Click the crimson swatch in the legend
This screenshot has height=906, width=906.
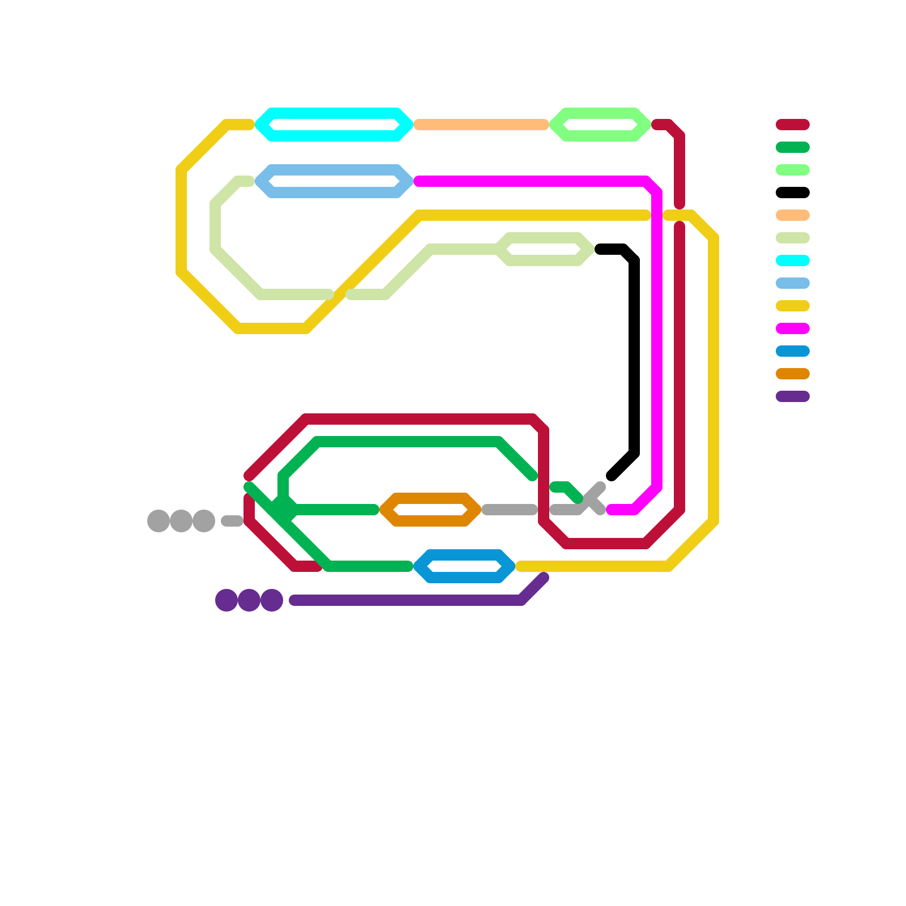pyautogui.click(x=792, y=125)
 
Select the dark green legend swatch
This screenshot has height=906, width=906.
pyautogui.click(x=792, y=147)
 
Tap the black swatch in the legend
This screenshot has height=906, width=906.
pyautogui.click(x=792, y=193)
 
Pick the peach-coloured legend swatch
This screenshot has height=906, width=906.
pyautogui.click(x=792, y=215)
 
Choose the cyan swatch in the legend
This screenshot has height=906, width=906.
pyautogui.click(x=792, y=260)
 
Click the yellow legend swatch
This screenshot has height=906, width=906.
pyautogui.click(x=792, y=306)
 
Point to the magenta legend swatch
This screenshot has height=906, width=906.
pyautogui.click(x=792, y=328)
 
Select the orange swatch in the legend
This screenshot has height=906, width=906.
pyautogui.click(x=792, y=374)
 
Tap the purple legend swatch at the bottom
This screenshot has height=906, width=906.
pyautogui.click(x=792, y=396)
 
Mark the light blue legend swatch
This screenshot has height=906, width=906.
pyautogui.click(x=792, y=283)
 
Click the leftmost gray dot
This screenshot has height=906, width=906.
pyautogui.click(x=159, y=521)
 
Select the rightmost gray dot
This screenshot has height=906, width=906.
pyautogui.click(x=204, y=521)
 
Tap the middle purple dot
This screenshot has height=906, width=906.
pyautogui.click(x=249, y=600)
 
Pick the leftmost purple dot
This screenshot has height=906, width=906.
pyautogui.click(x=226, y=600)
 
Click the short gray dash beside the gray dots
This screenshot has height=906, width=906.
pyautogui.click(x=232, y=521)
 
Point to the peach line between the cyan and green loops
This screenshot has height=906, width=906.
pyautogui.click(x=481, y=125)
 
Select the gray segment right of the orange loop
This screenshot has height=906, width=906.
pyautogui.click(x=510, y=510)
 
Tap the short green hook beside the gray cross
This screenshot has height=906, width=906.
pyautogui.click(x=566, y=490)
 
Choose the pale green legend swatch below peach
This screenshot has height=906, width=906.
pyautogui.click(x=792, y=238)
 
